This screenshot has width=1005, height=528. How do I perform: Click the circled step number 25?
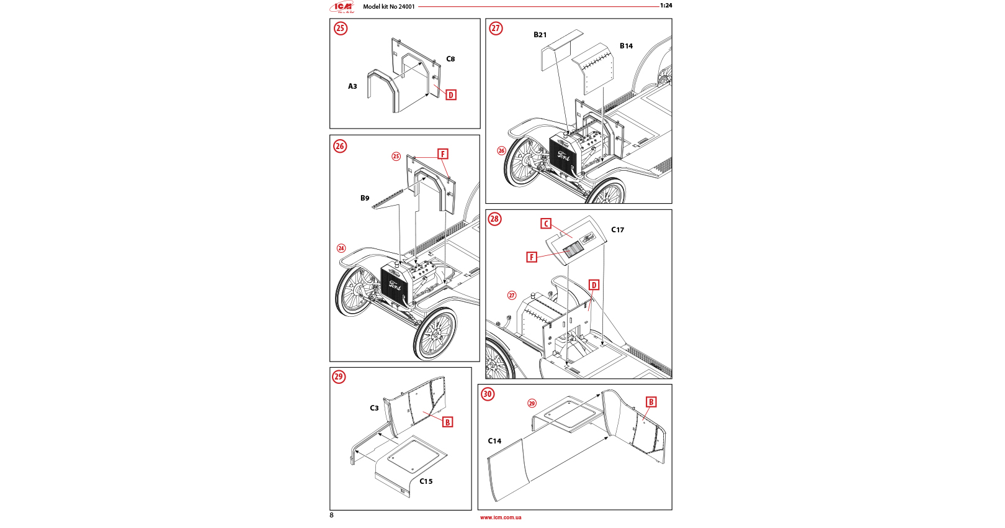tap(341, 29)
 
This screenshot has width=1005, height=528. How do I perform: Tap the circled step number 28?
tap(494, 219)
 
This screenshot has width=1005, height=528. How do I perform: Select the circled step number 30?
tap(488, 394)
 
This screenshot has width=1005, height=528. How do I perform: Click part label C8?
tap(450, 59)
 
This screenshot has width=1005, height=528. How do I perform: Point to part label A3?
tap(352, 86)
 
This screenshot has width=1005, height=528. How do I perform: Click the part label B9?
tap(365, 198)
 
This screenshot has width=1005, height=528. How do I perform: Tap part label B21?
tap(540, 35)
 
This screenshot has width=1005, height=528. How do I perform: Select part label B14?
tap(626, 46)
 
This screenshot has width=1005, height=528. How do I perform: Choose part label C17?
tap(617, 230)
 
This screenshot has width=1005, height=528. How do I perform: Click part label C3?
tap(374, 408)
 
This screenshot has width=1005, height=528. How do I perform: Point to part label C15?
tap(426, 481)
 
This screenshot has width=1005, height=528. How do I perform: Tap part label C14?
tap(494, 441)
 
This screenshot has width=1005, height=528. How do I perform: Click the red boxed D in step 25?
tap(451, 95)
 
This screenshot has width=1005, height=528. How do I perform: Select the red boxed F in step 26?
tap(443, 154)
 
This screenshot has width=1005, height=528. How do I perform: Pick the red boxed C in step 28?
tap(546, 224)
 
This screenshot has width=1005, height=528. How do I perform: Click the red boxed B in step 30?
tap(651, 402)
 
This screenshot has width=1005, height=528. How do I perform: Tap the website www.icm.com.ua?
tap(501, 517)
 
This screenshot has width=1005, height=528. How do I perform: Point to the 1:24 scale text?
tap(666, 6)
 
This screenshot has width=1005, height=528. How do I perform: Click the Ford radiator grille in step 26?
tap(393, 285)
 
